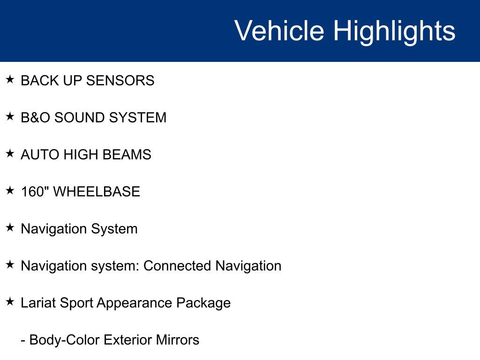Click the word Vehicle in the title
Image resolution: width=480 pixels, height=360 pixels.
point(279,31)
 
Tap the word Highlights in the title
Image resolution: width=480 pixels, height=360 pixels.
point(394,31)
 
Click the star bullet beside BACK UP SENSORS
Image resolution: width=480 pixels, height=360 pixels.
point(10,80)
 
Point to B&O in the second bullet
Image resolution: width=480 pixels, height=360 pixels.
point(36,118)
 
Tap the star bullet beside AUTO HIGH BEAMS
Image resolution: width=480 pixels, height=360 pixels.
point(10,154)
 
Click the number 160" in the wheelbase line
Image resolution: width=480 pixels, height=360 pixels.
point(35,192)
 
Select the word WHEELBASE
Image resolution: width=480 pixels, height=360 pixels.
point(97,192)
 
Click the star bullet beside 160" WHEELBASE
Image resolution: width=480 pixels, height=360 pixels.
point(10,191)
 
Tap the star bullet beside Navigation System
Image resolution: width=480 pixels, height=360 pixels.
point(10,228)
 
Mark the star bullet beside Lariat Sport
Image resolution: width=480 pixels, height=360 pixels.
point(10,302)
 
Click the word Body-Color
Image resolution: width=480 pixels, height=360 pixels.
point(64,340)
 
